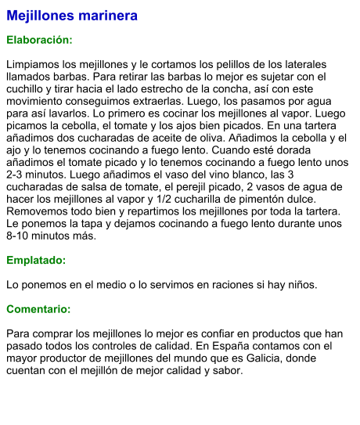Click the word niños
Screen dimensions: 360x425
coord(301,284)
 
